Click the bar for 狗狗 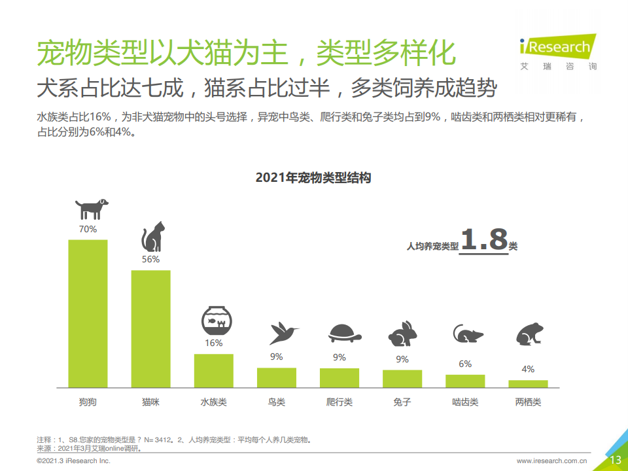pos(88,313)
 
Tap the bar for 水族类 pos(214,370)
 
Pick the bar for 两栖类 pos(528,383)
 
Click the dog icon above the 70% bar pos(90,209)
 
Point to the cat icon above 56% pos(153,237)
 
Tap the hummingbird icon pos(283,333)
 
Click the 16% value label pos(214,343)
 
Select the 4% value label pos(528,369)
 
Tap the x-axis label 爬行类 pos(340,402)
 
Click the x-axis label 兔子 pos(402,402)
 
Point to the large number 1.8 pos(484,240)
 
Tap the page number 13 pos(615,460)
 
